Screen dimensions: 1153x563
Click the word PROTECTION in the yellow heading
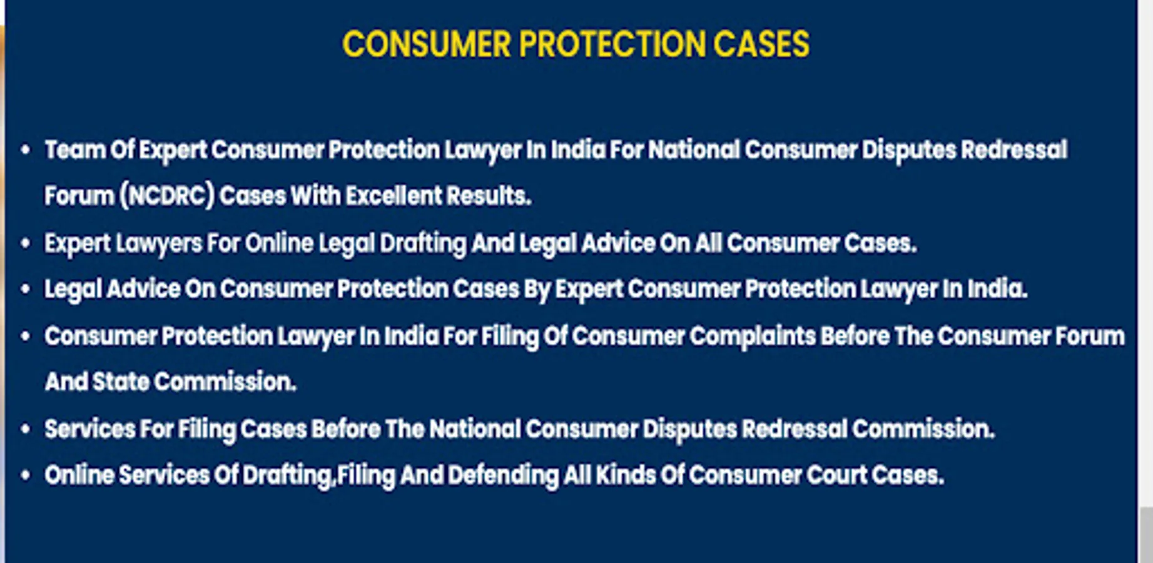coord(612,44)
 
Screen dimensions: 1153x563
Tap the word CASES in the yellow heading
coord(761,44)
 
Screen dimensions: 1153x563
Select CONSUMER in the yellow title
coord(427,44)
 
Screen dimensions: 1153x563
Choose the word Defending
coord(503,476)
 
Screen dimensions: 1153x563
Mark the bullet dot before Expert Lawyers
coord(26,243)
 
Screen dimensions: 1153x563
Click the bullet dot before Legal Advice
coord(26,290)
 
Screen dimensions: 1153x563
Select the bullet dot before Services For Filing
coord(26,430)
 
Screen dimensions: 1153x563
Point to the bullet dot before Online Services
coord(26,475)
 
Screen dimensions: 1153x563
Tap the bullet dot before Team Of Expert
coord(26,150)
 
